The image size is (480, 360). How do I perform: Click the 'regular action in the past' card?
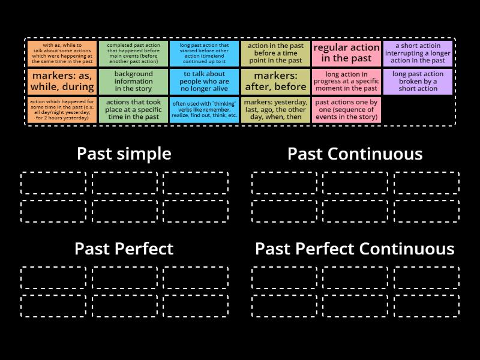point(347,53)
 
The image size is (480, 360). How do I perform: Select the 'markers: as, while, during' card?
point(62,81)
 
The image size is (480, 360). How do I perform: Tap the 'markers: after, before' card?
point(276,81)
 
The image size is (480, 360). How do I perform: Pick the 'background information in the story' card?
point(133,81)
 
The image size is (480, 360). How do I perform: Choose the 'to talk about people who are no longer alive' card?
point(204,81)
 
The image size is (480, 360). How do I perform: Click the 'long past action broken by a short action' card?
point(418,81)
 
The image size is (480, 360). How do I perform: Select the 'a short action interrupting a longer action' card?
point(418,53)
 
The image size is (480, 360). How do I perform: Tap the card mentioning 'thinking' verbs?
point(204,110)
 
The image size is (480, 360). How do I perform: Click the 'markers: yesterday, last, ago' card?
point(276,110)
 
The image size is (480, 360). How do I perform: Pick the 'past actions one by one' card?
point(347,110)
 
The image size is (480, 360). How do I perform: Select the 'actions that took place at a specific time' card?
point(133,110)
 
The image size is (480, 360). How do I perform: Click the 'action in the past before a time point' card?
point(276,53)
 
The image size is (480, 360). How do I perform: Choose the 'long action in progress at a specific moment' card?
point(347,81)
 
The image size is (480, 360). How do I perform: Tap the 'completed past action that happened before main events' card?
point(133,53)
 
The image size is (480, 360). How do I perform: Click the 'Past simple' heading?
point(124,154)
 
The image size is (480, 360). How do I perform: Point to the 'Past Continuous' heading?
point(355,154)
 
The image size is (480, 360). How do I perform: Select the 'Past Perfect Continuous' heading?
point(355,248)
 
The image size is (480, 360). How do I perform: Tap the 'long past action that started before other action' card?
point(204,53)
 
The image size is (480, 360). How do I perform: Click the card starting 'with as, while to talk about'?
point(62,53)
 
